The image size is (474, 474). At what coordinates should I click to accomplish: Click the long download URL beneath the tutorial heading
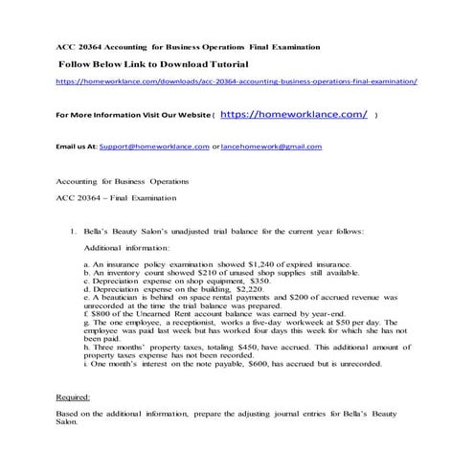click(237, 82)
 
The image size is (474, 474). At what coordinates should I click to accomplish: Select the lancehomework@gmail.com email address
click(271, 147)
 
